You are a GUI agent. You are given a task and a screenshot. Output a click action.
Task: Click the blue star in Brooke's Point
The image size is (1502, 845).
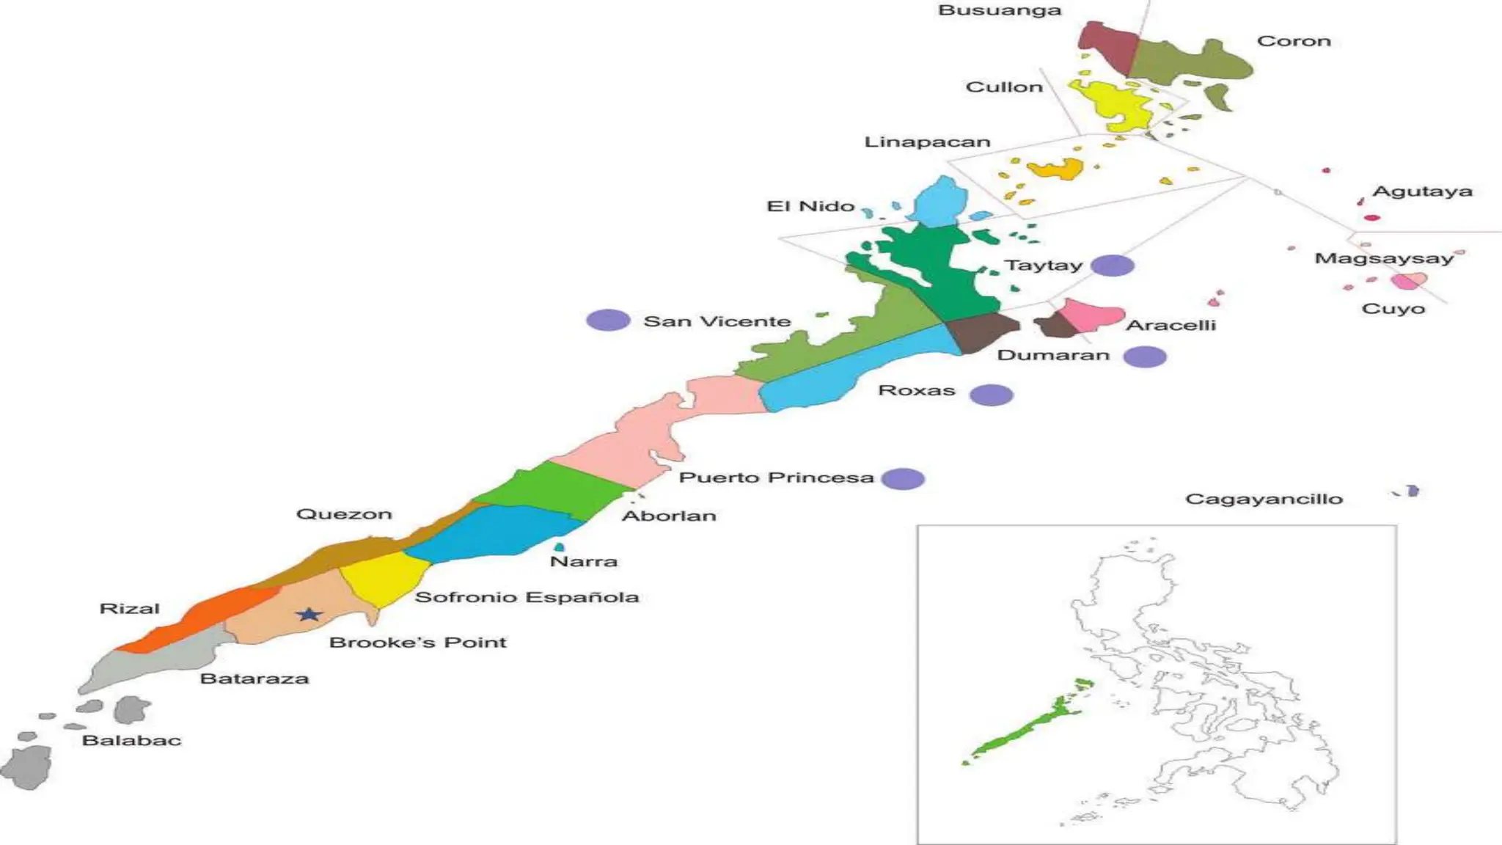(309, 615)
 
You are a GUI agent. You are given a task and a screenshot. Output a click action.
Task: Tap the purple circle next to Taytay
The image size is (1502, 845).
(1112, 266)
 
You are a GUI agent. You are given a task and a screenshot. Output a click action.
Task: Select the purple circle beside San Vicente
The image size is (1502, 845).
(608, 320)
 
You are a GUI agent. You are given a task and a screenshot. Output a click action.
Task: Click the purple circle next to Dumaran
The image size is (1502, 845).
(1144, 356)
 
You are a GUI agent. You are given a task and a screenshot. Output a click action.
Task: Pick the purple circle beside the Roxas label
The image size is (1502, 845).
(991, 395)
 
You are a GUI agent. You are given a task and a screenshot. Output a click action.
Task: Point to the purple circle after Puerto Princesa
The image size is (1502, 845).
(903, 479)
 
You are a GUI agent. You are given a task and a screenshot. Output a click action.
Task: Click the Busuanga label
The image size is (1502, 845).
(999, 10)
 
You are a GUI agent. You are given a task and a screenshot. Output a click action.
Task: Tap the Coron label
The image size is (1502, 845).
(1294, 41)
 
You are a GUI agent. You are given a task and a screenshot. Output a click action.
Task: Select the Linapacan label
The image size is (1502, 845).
(927, 142)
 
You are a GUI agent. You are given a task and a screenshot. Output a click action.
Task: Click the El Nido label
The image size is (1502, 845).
(810, 206)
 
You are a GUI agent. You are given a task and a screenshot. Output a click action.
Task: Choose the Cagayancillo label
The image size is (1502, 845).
(1264, 499)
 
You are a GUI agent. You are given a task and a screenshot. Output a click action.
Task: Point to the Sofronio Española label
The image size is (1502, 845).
(527, 597)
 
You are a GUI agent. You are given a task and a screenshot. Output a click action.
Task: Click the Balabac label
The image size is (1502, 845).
(131, 740)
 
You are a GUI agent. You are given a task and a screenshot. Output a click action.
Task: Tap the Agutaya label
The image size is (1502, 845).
(1422, 191)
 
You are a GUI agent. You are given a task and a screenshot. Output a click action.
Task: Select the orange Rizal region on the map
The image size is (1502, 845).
(205, 616)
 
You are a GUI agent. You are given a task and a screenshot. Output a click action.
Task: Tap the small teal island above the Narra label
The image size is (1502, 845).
(560, 546)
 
